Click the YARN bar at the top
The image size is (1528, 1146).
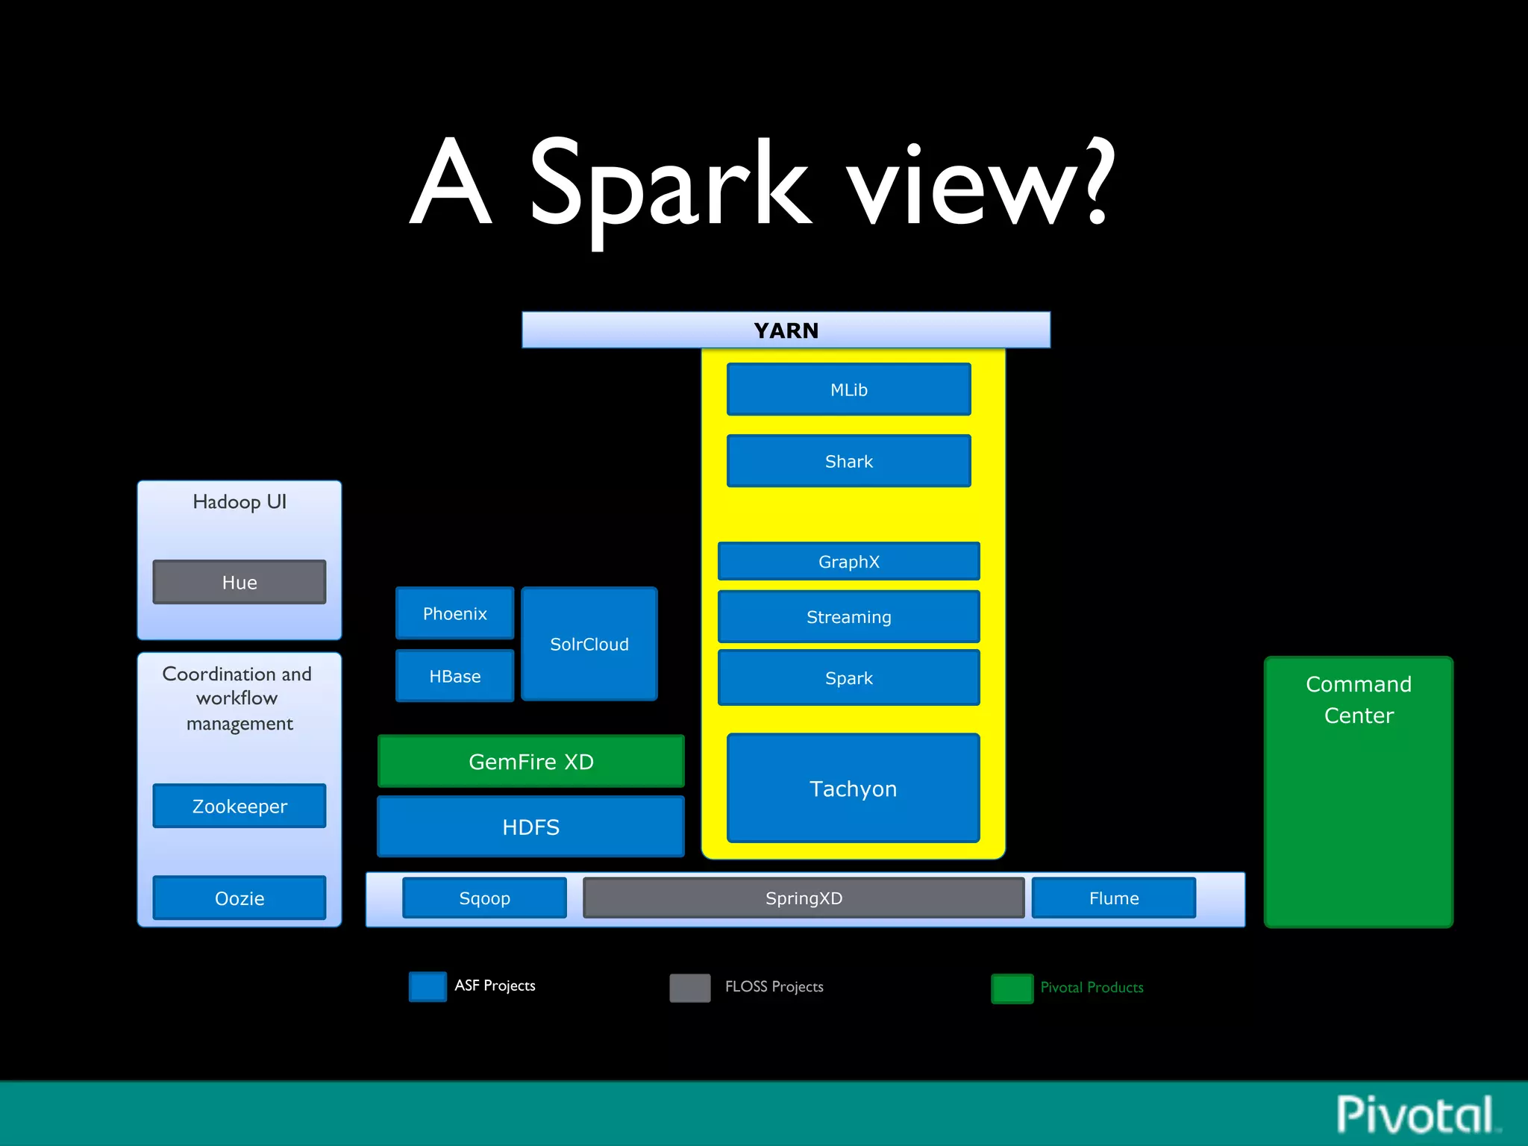pos(786,330)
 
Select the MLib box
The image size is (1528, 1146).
pos(848,389)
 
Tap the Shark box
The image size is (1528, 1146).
pos(848,461)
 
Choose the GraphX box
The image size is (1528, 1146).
pos(848,561)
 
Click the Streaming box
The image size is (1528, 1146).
pos(848,616)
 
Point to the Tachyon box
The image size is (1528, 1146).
pos(853,788)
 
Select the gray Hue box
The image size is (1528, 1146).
pos(239,582)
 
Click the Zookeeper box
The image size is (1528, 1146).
pos(239,806)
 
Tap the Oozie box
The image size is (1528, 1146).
pos(239,898)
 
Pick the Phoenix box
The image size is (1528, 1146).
pos(454,613)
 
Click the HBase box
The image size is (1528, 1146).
pos(454,676)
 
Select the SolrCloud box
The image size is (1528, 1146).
pos(589,644)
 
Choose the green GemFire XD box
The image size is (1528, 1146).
pos(530,761)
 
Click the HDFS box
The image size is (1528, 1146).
pos(530,827)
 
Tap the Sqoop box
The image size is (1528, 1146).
pos(484,898)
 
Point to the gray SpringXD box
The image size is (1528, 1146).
pos(804,898)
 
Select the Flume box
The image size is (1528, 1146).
pos(1113,898)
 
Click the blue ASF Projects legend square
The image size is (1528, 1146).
pos(428,986)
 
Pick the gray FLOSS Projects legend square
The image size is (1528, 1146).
pos(689,987)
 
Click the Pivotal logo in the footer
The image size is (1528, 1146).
pos(1415,1115)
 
